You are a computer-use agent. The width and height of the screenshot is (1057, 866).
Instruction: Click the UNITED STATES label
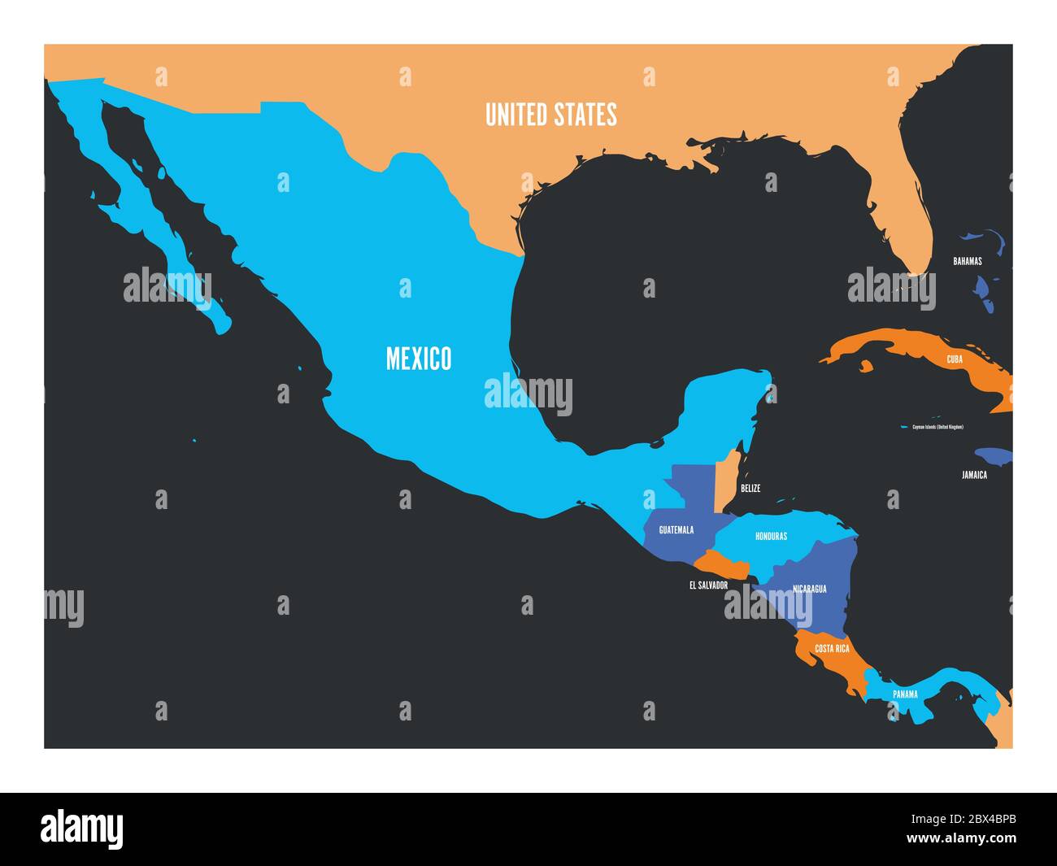(x=550, y=115)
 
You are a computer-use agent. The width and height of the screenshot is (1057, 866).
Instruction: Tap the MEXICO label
(x=418, y=358)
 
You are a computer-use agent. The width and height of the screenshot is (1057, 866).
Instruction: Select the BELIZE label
(x=750, y=489)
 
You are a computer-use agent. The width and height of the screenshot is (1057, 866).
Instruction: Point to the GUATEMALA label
(x=676, y=530)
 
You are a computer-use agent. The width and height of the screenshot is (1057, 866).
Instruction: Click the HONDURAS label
(x=771, y=537)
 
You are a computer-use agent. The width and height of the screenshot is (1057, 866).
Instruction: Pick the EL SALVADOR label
(x=708, y=585)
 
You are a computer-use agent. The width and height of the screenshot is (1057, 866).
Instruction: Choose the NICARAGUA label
(x=809, y=589)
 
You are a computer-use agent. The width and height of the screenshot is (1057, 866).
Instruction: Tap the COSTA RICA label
(x=832, y=649)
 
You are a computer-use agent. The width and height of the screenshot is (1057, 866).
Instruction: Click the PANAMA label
(x=905, y=694)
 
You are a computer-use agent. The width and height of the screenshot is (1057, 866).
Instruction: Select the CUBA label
(x=955, y=359)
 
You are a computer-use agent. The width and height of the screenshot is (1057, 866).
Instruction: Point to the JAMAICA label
(x=973, y=475)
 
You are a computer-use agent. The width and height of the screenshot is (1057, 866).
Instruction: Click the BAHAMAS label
(x=968, y=262)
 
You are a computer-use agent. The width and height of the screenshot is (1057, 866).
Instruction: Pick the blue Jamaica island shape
(x=994, y=455)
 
